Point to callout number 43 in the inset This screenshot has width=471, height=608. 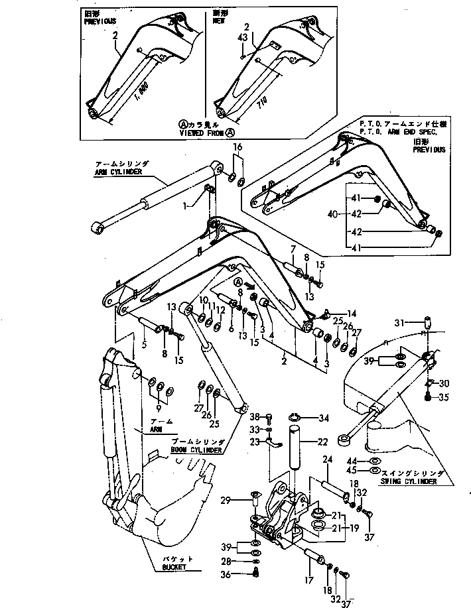[242, 38]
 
